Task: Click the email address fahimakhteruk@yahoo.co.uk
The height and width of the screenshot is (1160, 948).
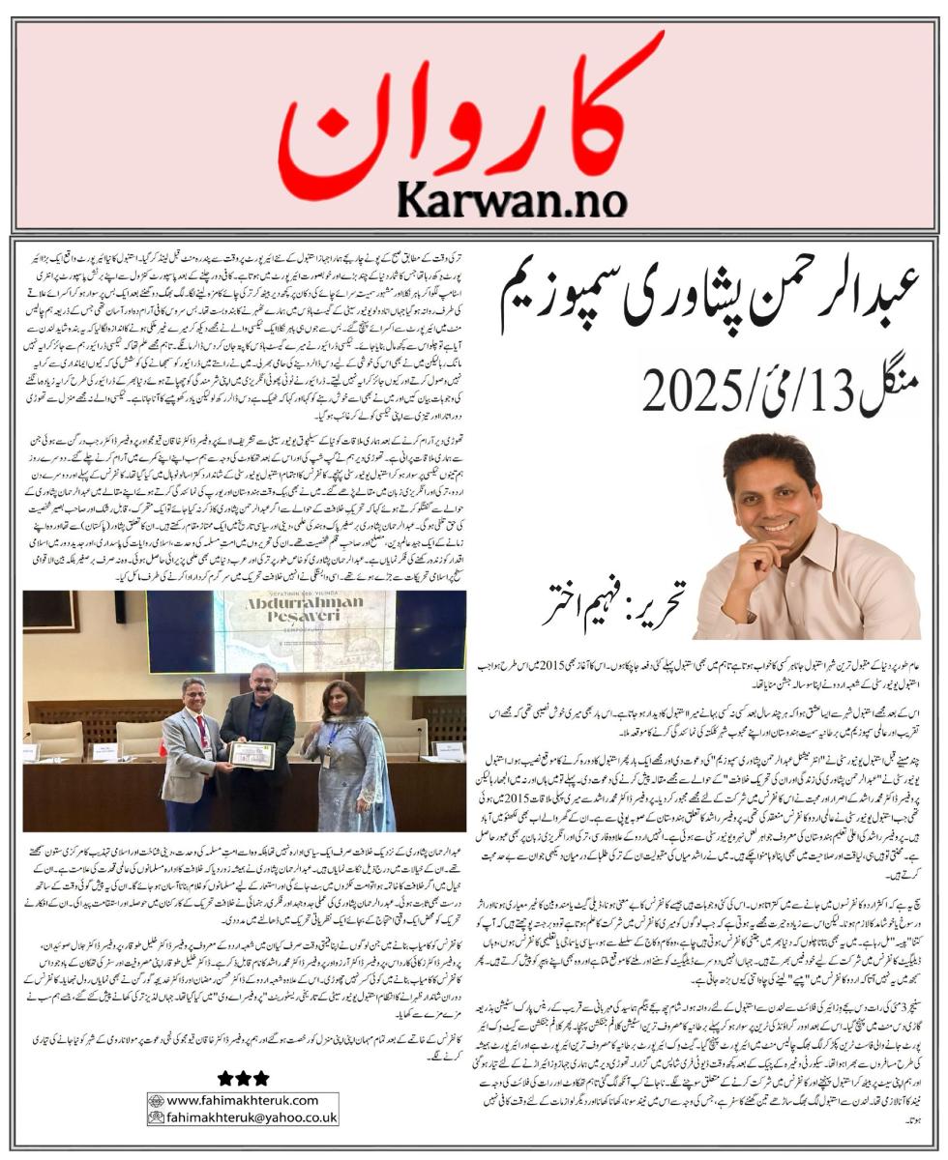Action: [x=252, y=1117]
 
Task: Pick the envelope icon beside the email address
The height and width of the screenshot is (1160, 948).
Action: [x=156, y=1117]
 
